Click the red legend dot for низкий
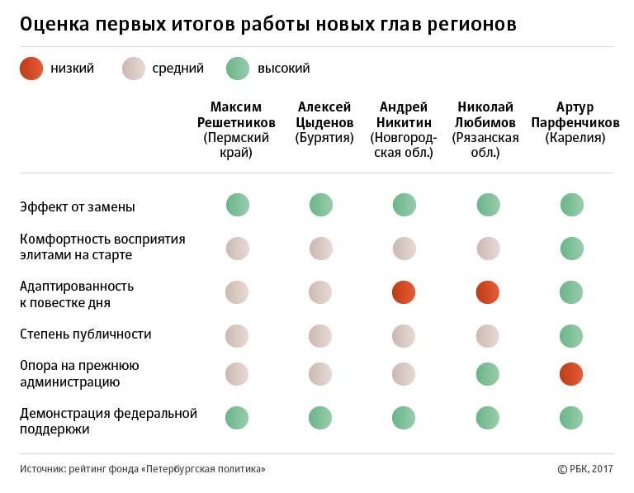(31, 69)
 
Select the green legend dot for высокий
(238, 69)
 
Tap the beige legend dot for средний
(133, 69)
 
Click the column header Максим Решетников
(237, 115)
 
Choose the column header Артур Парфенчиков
(575, 115)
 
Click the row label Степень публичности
(86, 334)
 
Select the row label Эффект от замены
(78, 206)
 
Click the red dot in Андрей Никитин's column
(404, 292)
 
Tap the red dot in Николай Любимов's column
(488, 292)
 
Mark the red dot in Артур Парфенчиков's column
(572, 374)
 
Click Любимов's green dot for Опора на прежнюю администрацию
(488, 374)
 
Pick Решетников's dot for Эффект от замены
(238, 204)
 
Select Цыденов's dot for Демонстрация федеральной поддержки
(321, 417)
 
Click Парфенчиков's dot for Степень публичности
(572, 335)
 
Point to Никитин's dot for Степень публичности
(404, 335)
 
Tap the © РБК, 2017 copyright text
(585, 469)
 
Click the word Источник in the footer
(45, 469)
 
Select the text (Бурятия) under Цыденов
(324, 138)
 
